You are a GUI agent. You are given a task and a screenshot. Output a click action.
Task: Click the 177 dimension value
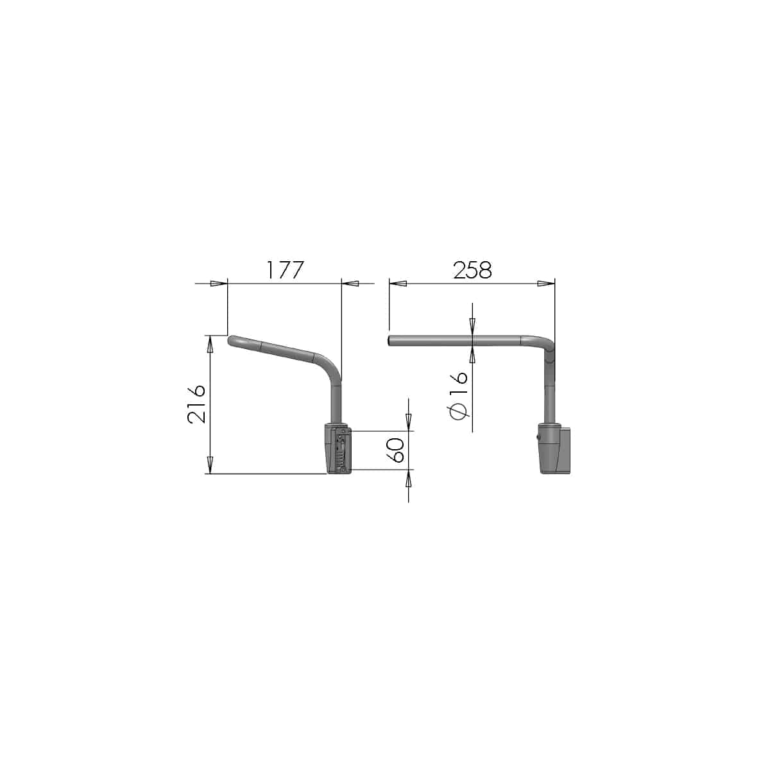click(x=285, y=270)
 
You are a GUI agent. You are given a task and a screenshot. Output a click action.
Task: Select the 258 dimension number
click(x=472, y=270)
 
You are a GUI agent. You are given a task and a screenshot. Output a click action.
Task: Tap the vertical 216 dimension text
click(x=196, y=404)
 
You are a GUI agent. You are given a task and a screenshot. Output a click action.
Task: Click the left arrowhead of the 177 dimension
click(x=219, y=284)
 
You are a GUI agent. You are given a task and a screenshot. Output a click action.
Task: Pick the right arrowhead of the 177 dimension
click(x=350, y=284)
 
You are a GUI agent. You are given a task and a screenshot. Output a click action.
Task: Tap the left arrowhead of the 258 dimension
click(x=398, y=284)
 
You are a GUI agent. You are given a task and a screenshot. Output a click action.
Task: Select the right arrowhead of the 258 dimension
click(x=546, y=284)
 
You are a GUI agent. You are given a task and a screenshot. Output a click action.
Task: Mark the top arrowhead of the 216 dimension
click(x=209, y=344)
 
